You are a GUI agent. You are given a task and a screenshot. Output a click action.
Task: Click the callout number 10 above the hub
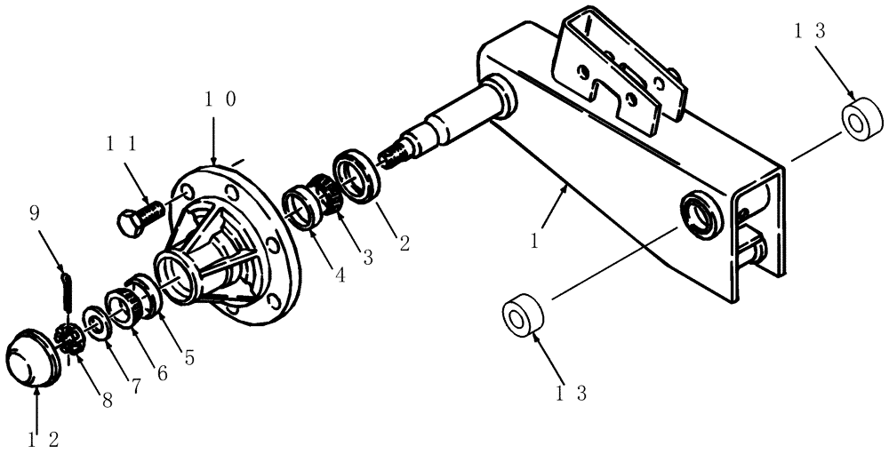[x=220, y=100]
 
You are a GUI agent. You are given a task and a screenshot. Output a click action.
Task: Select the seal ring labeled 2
[x=357, y=175]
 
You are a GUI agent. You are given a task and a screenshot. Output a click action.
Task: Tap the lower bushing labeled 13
[x=521, y=316]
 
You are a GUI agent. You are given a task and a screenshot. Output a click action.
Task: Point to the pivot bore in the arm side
[x=698, y=217]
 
